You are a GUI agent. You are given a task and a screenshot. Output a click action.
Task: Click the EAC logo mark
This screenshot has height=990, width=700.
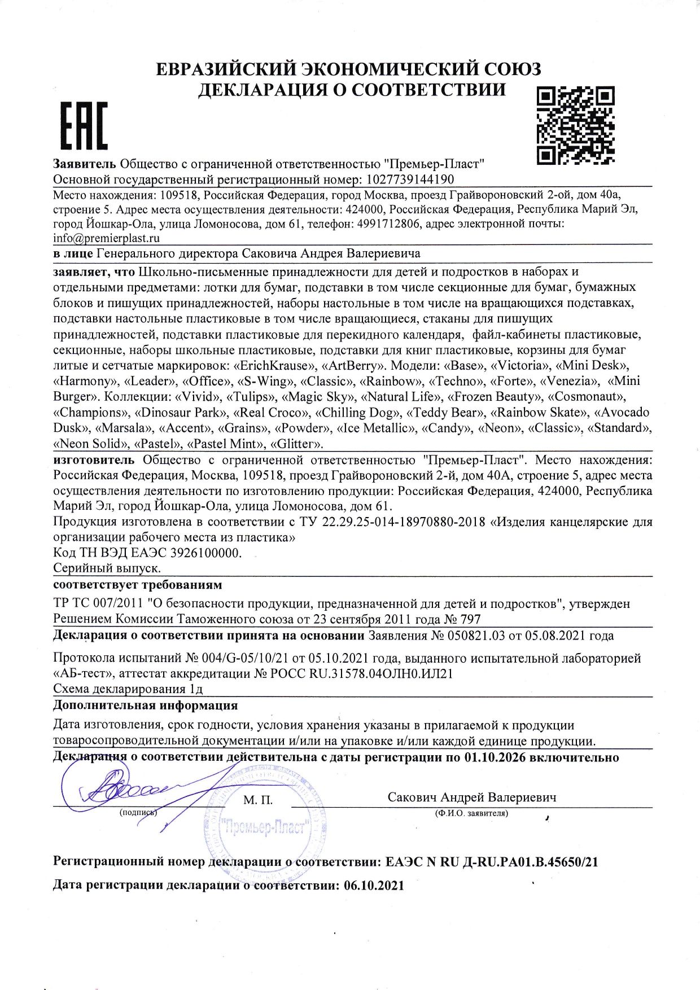[84, 126]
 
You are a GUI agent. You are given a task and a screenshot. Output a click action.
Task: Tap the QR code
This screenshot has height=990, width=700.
[575, 125]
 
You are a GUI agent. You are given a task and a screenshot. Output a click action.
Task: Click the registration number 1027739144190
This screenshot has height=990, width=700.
[410, 179]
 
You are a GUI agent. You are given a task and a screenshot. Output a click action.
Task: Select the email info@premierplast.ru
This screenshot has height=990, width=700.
[107, 238]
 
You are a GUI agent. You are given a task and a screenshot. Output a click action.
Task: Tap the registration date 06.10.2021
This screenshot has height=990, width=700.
[374, 885]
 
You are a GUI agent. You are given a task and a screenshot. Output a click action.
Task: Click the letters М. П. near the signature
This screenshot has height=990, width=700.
[258, 800]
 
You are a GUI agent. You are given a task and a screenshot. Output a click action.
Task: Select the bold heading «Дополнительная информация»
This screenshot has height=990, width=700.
[145, 705]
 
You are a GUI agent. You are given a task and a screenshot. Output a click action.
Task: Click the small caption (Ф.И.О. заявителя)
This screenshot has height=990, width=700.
[471, 813]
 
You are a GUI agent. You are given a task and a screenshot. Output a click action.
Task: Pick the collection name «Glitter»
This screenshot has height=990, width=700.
[297, 444]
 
